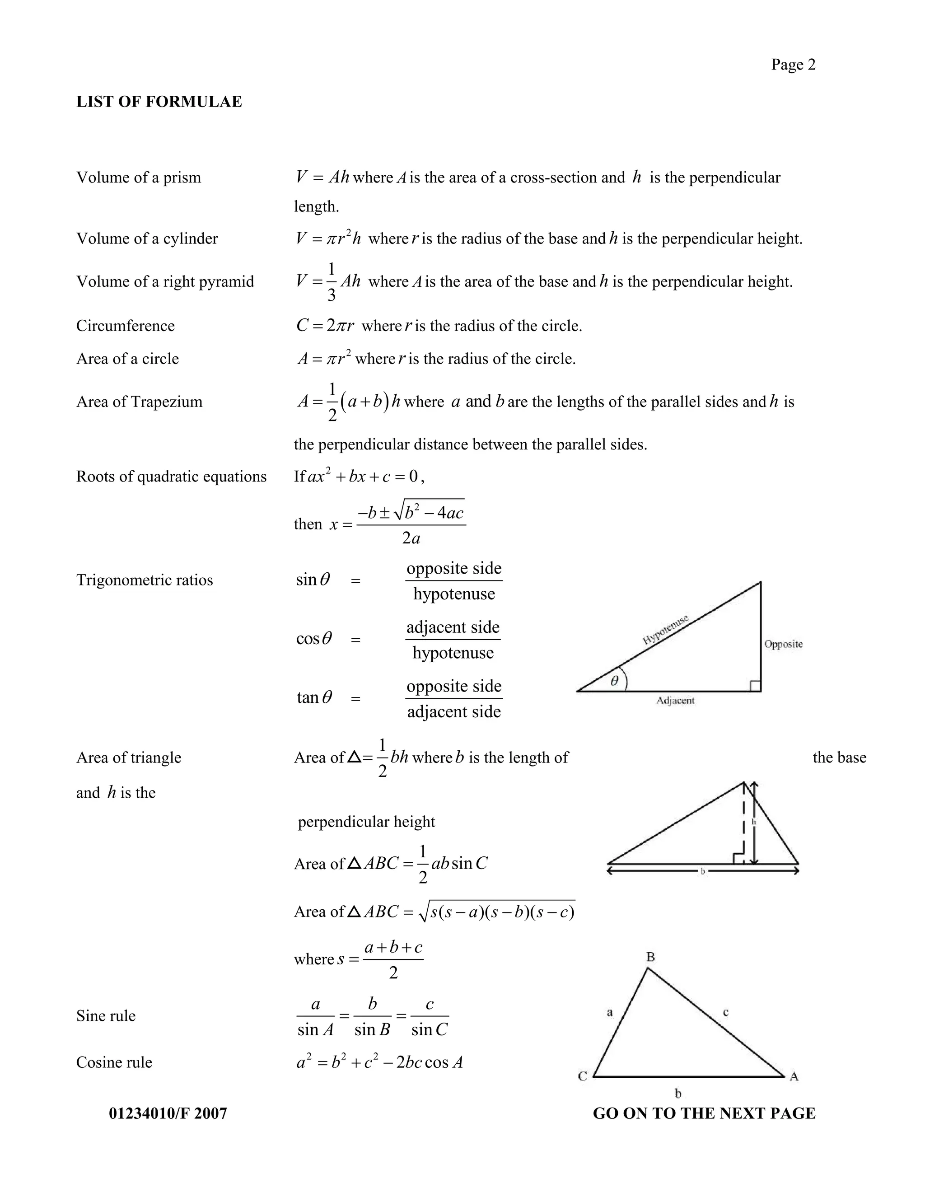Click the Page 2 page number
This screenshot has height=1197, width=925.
(793, 65)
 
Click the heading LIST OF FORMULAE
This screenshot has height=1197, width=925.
(159, 102)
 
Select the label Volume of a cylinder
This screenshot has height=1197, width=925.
(147, 238)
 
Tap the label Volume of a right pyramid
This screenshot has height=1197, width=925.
(165, 282)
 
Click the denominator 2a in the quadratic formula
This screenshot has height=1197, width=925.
(411, 538)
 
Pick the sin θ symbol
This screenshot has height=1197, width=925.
(313, 580)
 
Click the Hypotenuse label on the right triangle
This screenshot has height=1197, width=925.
(665, 630)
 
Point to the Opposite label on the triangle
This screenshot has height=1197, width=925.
(783, 644)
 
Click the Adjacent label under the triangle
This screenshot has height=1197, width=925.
(675, 701)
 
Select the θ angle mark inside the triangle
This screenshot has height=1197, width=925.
(614, 681)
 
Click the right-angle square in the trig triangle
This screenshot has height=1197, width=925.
(755, 686)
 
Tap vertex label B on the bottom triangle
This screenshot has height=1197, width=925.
(650, 957)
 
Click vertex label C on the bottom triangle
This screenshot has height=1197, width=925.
(583, 1076)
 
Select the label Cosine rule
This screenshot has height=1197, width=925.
(114, 1062)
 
